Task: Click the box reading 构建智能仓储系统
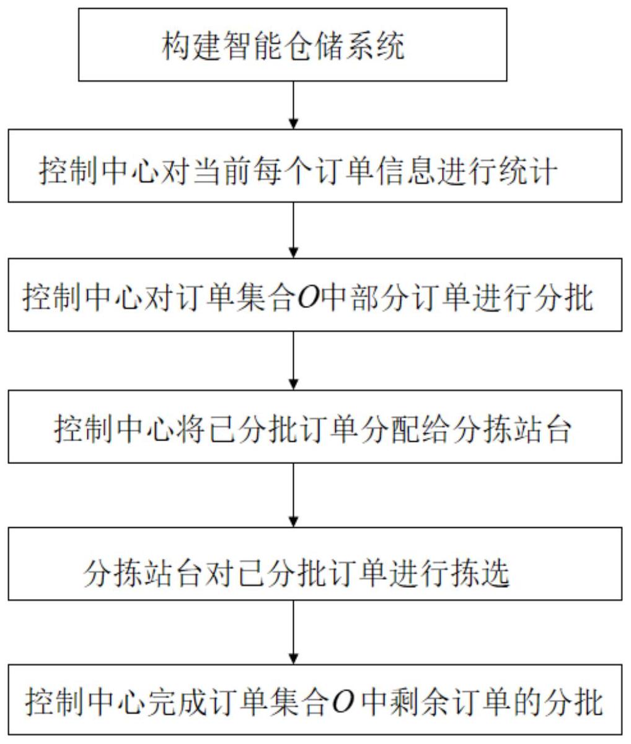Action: [x=293, y=45]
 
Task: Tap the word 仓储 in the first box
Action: [x=314, y=46]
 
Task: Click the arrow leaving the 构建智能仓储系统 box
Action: [x=294, y=105]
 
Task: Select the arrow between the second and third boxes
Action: [x=294, y=230]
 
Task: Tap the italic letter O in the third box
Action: [x=307, y=299]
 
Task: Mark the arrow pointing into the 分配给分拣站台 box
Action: [x=294, y=361]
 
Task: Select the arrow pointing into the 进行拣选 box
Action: [x=294, y=496]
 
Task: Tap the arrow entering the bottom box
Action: [x=294, y=632]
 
